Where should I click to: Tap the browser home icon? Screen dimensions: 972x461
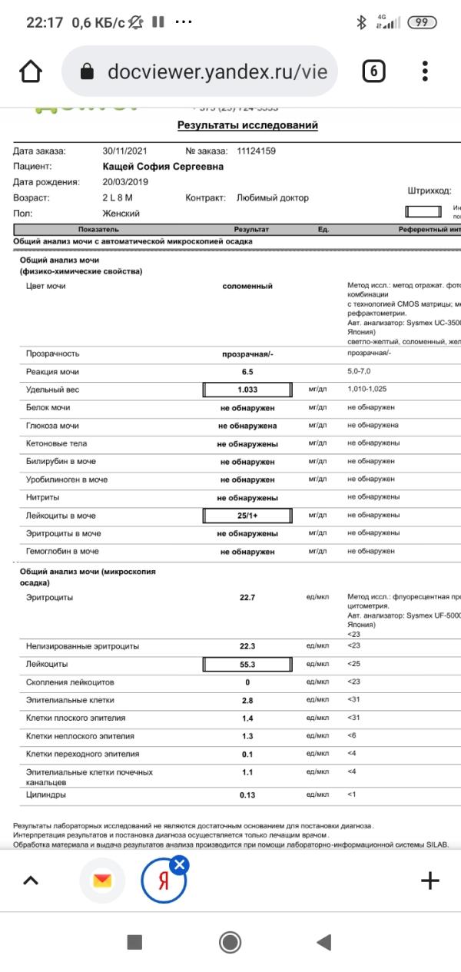click(x=31, y=71)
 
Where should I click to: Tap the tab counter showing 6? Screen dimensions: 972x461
click(x=373, y=71)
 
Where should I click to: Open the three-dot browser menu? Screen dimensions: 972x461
click(x=426, y=71)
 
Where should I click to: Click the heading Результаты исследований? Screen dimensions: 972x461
click(x=247, y=125)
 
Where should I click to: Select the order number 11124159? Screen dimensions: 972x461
click(x=256, y=151)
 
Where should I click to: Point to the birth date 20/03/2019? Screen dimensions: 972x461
click(x=125, y=182)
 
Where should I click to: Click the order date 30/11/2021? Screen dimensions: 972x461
click(x=125, y=151)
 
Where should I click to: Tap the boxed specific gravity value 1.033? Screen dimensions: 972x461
click(x=247, y=390)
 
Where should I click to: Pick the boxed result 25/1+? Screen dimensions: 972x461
click(x=247, y=516)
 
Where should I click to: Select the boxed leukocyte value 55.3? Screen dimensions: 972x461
click(x=247, y=664)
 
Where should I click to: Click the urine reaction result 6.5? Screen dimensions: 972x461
click(x=247, y=372)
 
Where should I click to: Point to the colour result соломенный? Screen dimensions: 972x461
click(x=247, y=286)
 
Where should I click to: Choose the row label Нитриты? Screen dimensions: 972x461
click(x=42, y=497)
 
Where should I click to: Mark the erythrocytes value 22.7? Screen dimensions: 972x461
click(x=247, y=597)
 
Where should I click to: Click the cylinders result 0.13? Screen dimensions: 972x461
click(x=247, y=795)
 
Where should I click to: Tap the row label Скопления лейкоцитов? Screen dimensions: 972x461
click(x=70, y=682)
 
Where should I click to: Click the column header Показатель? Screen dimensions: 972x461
click(x=98, y=230)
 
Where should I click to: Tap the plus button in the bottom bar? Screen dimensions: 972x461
click(x=430, y=881)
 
